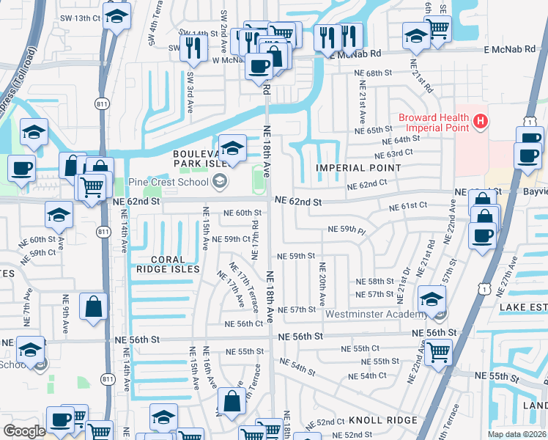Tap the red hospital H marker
pos(480,120)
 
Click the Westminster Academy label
pos(376,315)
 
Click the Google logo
pos(24,431)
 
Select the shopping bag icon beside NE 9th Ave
pos(94,307)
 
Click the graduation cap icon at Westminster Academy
pos(432,299)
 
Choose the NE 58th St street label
pos(375,282)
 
